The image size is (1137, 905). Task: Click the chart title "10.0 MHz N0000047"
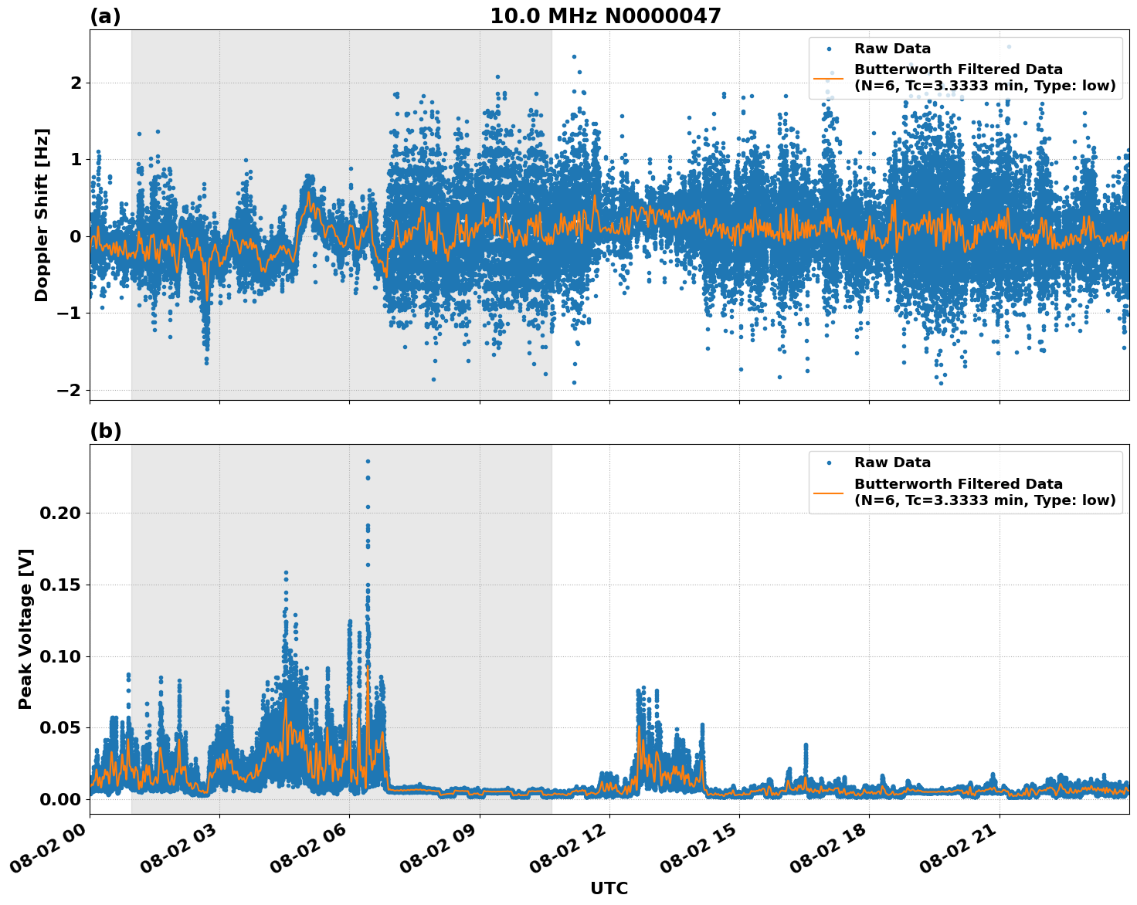(605, 16)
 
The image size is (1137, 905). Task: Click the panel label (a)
(105, 16)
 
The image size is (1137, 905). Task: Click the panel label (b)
(105, 431)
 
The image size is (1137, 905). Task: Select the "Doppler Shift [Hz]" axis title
(42, 215)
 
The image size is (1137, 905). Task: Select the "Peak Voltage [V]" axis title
(25, 629)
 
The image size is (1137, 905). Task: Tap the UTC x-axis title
(609, 888)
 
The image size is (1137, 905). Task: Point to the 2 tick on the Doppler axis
(76, 83)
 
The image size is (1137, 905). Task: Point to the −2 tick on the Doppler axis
(70, 390)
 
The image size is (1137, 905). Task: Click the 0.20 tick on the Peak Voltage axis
(62, 514)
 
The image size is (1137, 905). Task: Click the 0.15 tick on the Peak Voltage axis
(62, 585)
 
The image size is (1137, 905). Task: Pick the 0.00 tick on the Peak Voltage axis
(62, 799)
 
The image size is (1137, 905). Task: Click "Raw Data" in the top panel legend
(892, 49)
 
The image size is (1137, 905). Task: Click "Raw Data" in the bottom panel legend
(892, 463)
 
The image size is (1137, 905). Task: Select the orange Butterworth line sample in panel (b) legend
(828, 492)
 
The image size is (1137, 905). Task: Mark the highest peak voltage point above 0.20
(368, 461)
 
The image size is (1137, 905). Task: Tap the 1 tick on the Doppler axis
(76, 159)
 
